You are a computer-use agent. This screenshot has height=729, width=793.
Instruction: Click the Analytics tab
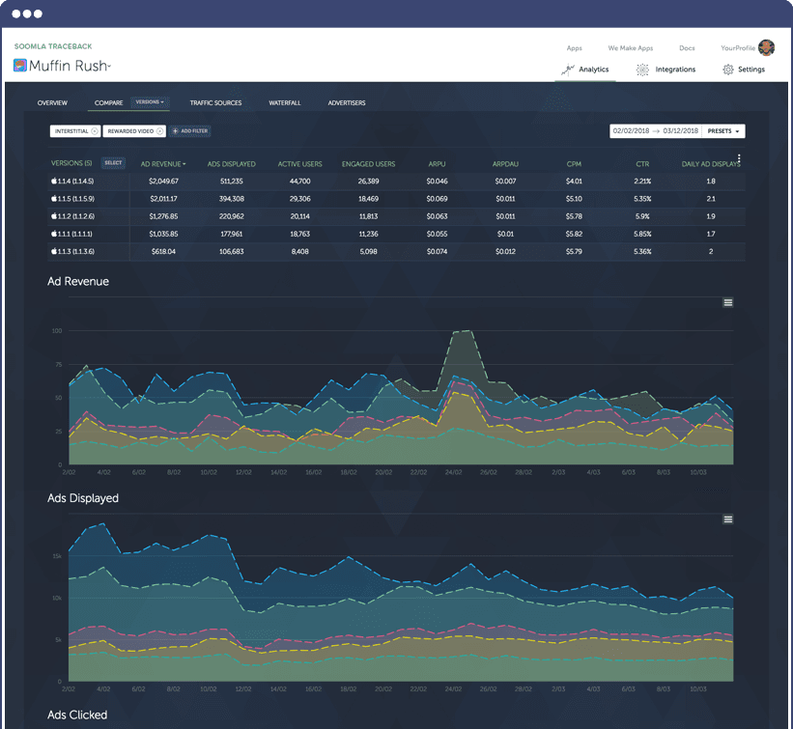[585, 70]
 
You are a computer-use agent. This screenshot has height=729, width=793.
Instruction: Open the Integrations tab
[666, 70]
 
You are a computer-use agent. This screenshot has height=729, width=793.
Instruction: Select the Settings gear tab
[744, 70]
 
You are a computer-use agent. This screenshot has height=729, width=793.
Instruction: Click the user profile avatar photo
[767, 47]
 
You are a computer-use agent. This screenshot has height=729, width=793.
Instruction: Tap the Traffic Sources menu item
[215, 102]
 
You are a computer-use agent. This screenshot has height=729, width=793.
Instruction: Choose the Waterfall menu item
[285, 102]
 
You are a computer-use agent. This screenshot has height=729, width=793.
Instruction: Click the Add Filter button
[190, 130]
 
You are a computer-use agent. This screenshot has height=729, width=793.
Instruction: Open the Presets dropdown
[723, 130]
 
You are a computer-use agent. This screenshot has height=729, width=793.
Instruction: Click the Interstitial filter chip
[75, 130]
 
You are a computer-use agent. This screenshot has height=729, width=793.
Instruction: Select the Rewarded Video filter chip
[134, 130]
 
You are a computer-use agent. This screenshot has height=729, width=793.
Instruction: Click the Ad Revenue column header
[162, 164]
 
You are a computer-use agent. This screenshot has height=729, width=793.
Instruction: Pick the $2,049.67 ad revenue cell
[163, 181]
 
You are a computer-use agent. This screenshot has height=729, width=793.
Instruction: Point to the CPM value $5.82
[574, 234]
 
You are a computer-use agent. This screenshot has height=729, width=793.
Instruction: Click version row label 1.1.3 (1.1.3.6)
[73, 251]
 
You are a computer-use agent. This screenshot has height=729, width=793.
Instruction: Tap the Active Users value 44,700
[299, 181]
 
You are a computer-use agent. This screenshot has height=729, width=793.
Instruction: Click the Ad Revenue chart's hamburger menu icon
[728, 302]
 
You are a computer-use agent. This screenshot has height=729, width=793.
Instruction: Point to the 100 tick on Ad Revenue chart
[57, 330]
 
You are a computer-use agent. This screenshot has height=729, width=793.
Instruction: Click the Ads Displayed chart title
[83, 498]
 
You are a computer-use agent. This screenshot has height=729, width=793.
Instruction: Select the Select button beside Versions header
[113, 163]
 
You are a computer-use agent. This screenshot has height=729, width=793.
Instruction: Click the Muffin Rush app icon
[20, 66]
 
